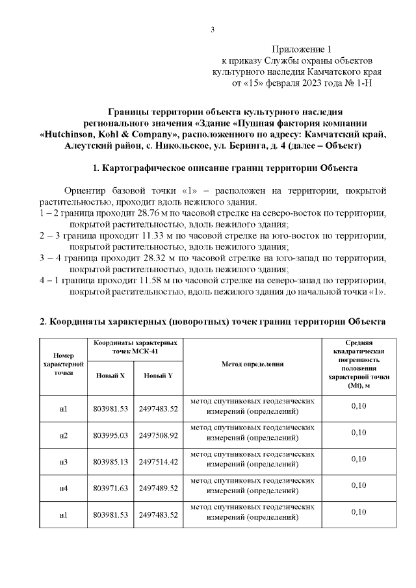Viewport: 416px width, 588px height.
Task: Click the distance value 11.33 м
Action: click(x=158, y=235)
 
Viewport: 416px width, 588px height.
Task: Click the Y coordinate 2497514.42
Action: click(x=159, y=461)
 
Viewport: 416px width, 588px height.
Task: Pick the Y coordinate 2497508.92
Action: click(x=159, y=435)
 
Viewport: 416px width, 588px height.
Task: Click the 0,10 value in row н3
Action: click(x=358, y=459)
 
